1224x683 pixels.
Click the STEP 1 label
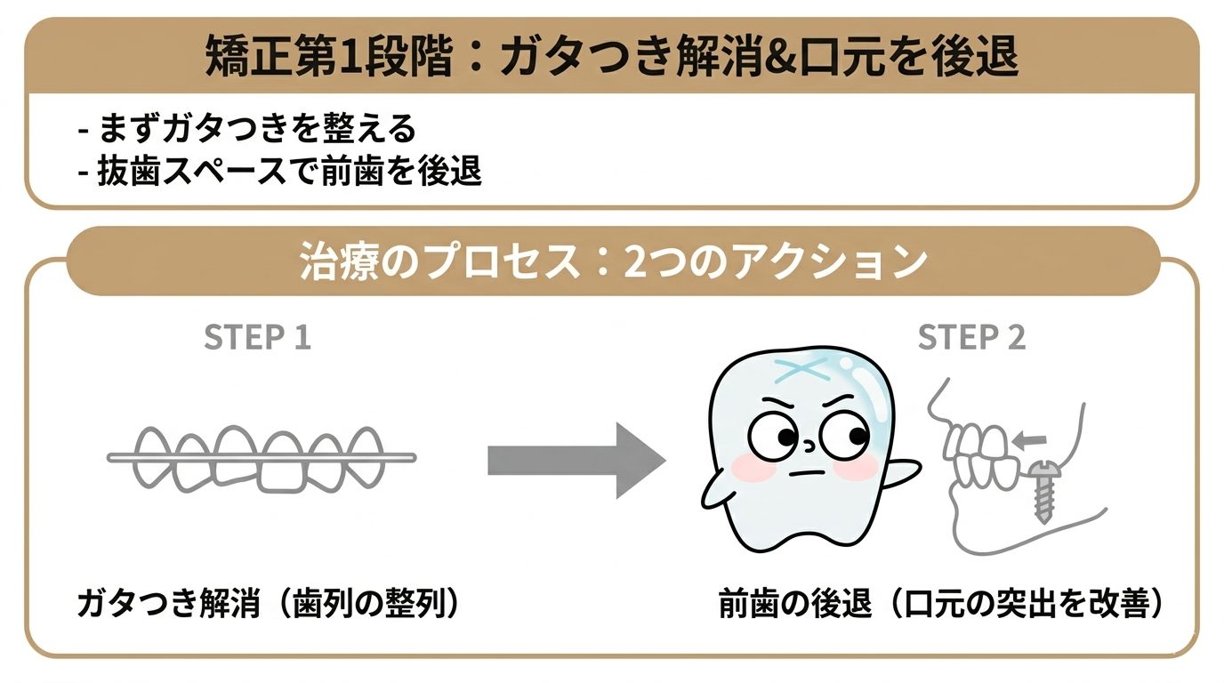[x=257, y=338]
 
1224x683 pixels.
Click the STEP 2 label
[x=971, y=338]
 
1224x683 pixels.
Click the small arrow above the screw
[x=1031, y=438]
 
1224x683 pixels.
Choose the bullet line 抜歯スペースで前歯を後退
[x=280, y=170]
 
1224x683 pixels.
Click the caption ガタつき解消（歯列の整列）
[x=270, y=604]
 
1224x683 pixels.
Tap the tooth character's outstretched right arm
[x=900, y=470]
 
